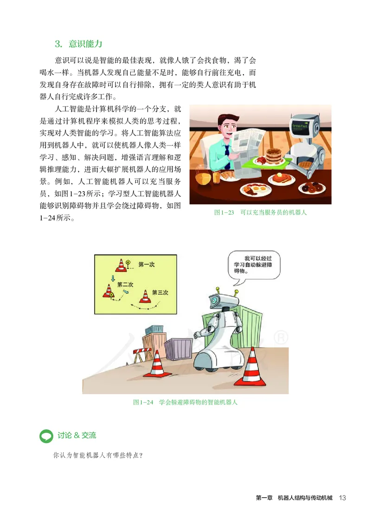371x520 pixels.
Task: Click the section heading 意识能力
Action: [85, 44]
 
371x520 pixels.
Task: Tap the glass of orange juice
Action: [216, 177]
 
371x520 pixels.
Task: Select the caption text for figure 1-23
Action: [261, 213]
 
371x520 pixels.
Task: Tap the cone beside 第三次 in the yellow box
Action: [145, 297]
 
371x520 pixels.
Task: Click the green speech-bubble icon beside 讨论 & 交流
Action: [46, 436]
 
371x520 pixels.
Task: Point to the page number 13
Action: [343, 498]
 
